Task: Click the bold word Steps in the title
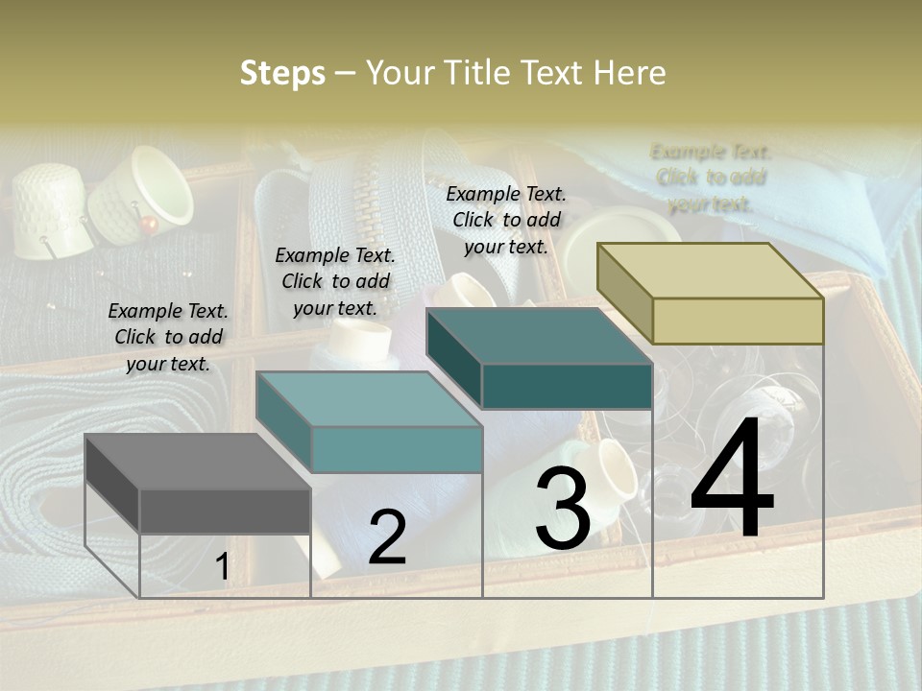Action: coord(282,73)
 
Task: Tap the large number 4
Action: coord(732,477)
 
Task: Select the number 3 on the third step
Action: coord(562,508)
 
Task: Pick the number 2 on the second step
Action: coord(387,537)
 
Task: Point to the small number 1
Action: coord(222,567)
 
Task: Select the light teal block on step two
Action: coord(370,422)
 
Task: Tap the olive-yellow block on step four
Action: coord(711,294)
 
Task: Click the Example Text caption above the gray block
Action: coord(168,337)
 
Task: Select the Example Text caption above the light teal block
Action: coord(335,281)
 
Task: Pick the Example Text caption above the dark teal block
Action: coord(506,220)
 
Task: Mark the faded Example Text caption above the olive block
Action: coord(711,178)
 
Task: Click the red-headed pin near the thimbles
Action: coord(149,224)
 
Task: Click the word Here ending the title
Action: coord(630,73)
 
